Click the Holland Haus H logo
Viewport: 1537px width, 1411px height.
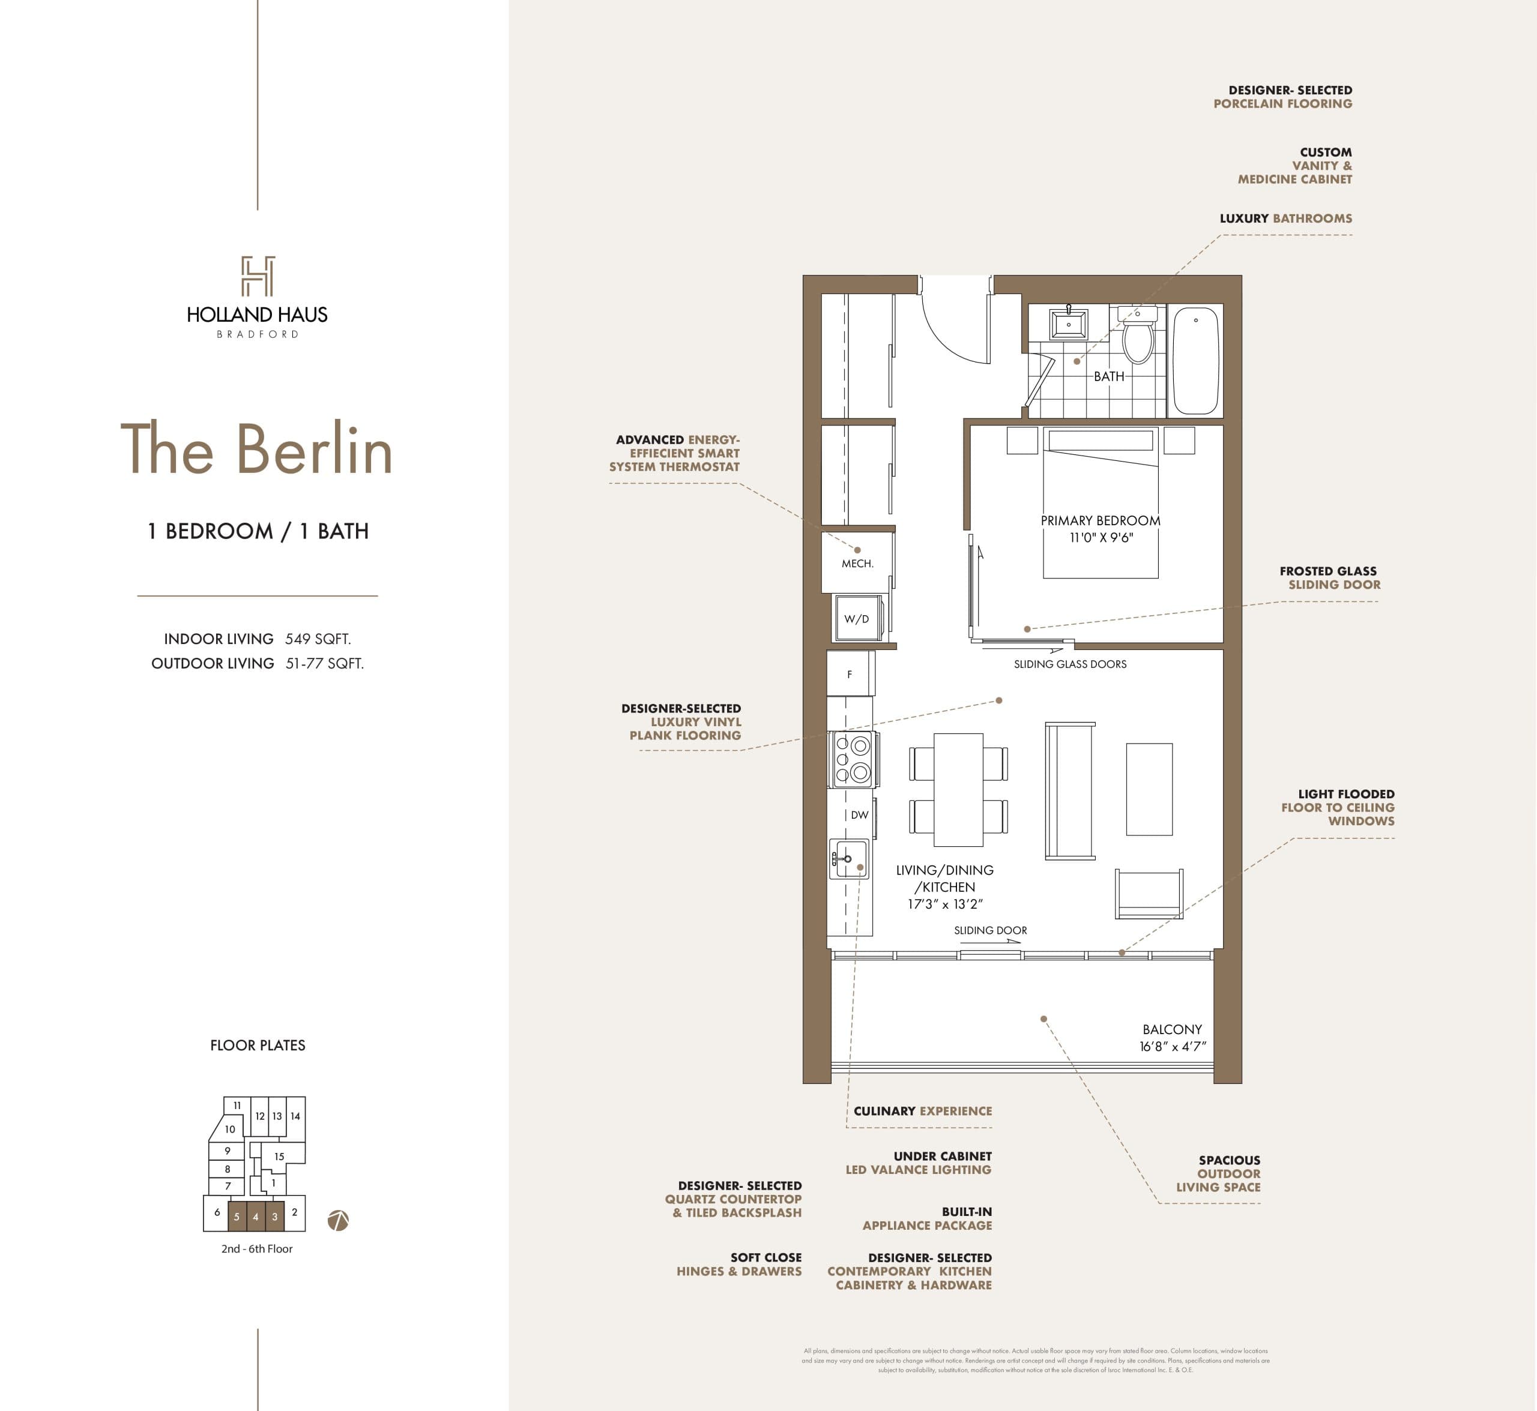point(258,277)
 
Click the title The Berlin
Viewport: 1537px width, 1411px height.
point(257,450)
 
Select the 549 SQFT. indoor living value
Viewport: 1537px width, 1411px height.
point(318,639)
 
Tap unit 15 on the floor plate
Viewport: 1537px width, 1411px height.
point(280,1156)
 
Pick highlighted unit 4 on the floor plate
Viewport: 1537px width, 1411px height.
point(256,1217)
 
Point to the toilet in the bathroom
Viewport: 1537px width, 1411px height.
point(1138,336)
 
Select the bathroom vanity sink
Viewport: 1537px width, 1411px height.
point(1068,323)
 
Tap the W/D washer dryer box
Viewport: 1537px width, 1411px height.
point(857,619)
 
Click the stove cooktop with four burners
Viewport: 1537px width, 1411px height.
point(853,760)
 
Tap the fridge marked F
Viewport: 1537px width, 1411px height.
point(850,674)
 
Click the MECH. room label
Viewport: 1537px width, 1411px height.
point(857,564)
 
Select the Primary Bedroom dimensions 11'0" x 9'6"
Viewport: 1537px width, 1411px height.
point(1101,538)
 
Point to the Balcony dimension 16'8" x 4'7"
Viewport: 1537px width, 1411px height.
point(1173,1046)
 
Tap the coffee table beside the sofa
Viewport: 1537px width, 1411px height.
point(1149,789)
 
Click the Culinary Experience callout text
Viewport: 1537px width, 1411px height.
point(922,1111)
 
